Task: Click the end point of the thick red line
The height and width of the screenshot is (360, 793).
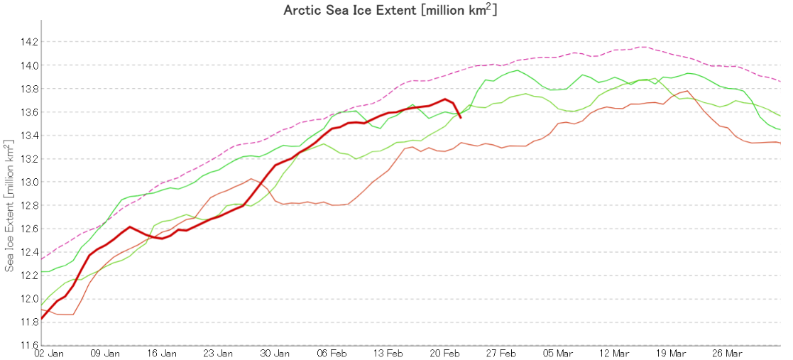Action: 461,117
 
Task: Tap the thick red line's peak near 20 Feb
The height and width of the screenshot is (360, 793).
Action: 445,99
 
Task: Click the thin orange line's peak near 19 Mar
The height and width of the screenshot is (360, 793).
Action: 686,91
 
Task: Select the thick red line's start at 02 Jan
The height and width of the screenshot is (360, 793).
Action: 42,319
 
